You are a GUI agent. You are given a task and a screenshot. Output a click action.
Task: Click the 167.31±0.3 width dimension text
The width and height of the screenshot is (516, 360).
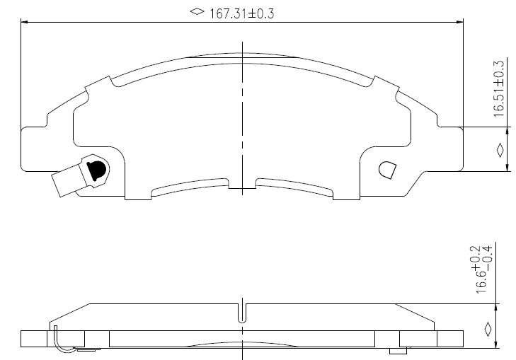coord(242,14)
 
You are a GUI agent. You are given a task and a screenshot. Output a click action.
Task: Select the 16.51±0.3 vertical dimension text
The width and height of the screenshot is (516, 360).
coord(499,88)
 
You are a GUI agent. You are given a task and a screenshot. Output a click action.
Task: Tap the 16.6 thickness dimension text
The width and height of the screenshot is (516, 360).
coord(481,282)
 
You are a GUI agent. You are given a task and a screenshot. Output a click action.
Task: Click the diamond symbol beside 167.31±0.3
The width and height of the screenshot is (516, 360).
coord(197,11)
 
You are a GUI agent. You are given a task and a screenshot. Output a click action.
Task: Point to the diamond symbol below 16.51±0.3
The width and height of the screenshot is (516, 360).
coord(500,150)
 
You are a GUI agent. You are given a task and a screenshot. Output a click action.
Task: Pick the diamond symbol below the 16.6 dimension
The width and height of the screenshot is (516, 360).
coord(488,329)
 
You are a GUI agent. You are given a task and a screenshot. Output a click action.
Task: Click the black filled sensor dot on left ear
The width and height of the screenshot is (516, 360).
coord(96,170)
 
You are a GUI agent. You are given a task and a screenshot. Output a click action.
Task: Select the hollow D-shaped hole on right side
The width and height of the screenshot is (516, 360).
coord(388,170)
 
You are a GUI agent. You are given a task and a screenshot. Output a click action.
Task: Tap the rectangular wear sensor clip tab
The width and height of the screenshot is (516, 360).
coord(69,180)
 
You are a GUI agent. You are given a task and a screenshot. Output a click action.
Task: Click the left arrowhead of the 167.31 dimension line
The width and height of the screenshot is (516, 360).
coord(23,22)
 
